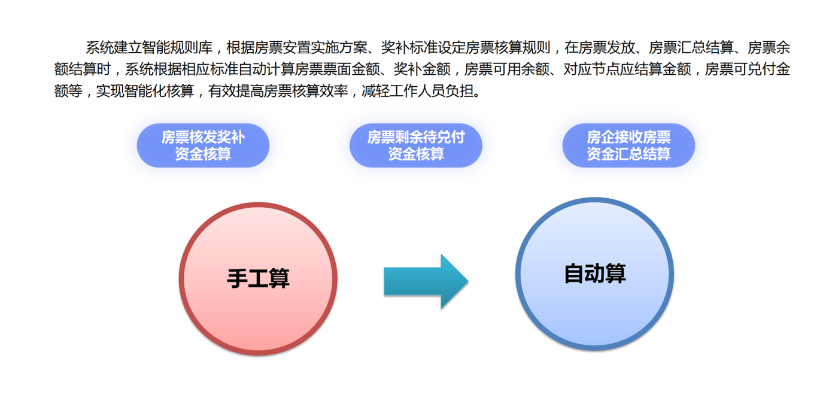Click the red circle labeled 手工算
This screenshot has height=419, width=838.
[258, 279]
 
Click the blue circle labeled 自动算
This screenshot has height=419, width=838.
[594, 274]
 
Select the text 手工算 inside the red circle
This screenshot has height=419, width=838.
[258, 279]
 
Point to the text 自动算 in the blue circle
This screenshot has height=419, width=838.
[594, 274]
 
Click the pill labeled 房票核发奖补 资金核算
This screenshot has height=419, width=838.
[203, 145]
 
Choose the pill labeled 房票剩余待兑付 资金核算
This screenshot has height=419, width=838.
[416, 145]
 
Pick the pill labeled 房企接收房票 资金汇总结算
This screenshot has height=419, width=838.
[628, 145]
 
